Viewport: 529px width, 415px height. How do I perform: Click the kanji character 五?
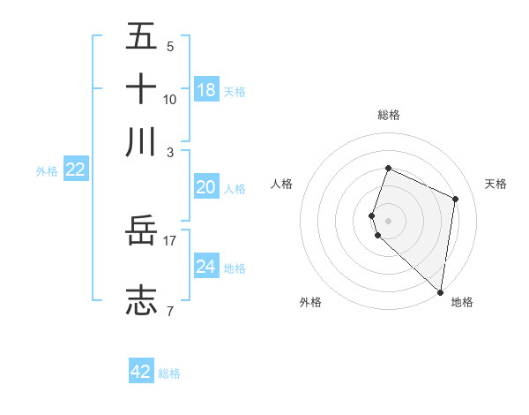click(141, 37)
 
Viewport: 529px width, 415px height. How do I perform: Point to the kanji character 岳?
click(141, 233)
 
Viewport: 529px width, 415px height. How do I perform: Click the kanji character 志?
click(141, 300)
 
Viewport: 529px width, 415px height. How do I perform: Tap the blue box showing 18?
click(206, 90)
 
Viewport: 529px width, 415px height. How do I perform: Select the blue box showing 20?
click(206, 187)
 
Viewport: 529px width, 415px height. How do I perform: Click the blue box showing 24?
click(206, 267)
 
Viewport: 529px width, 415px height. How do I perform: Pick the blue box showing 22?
click(75, 170)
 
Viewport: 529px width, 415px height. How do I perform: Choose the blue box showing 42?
click(141, 372)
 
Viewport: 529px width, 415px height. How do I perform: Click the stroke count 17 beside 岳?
click(170, 240)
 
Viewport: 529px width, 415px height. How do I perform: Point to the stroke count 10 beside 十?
click(170, 99)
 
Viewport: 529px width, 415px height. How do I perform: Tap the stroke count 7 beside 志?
click(170, 310)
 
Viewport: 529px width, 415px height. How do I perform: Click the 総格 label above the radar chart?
click(389, 115)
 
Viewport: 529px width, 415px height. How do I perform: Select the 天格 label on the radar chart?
click(496, 184)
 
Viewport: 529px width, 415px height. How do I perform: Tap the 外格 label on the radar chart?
click(310, 302)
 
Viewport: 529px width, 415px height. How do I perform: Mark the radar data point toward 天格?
click(456, 199)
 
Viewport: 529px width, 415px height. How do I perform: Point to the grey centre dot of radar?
click(389, 221)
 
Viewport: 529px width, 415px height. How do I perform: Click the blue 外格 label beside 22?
click(46, 171)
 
